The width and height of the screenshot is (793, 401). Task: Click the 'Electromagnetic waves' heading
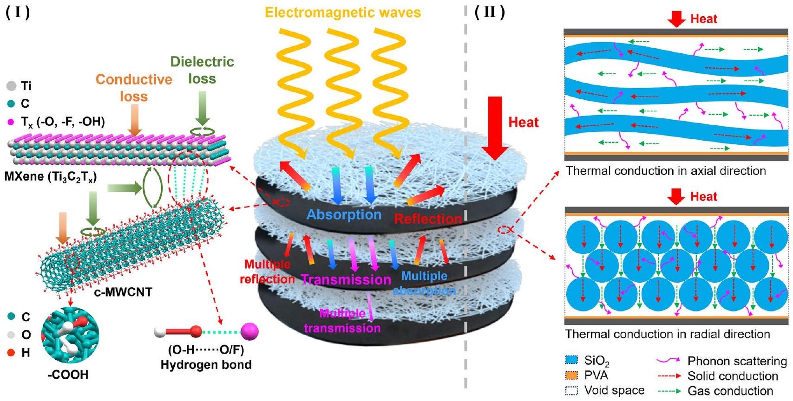click(343, 12)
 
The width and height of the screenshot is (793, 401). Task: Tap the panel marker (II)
click(490, 12)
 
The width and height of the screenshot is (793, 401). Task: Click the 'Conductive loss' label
click(134, 88)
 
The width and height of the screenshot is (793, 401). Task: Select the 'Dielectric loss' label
click(202, 70)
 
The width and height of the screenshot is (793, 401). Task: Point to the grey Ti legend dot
click(12, 86)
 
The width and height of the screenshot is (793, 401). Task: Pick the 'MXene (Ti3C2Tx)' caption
click(51, 177)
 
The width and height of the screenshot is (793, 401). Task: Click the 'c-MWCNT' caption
click(123, 292)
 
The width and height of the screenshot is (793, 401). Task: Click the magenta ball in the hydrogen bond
click(249, 331)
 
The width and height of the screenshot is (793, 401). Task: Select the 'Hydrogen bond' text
click(206, 365)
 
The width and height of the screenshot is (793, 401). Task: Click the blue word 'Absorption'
click(344, 214)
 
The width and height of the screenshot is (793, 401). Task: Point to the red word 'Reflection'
click(428, 219)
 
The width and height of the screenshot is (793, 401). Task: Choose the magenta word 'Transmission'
click(346, 279)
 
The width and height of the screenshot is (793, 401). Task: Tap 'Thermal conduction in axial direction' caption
click(665, 171)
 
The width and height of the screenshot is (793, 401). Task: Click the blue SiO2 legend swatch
click(571, 360)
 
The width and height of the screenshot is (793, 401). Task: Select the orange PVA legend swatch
click(571, 375)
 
